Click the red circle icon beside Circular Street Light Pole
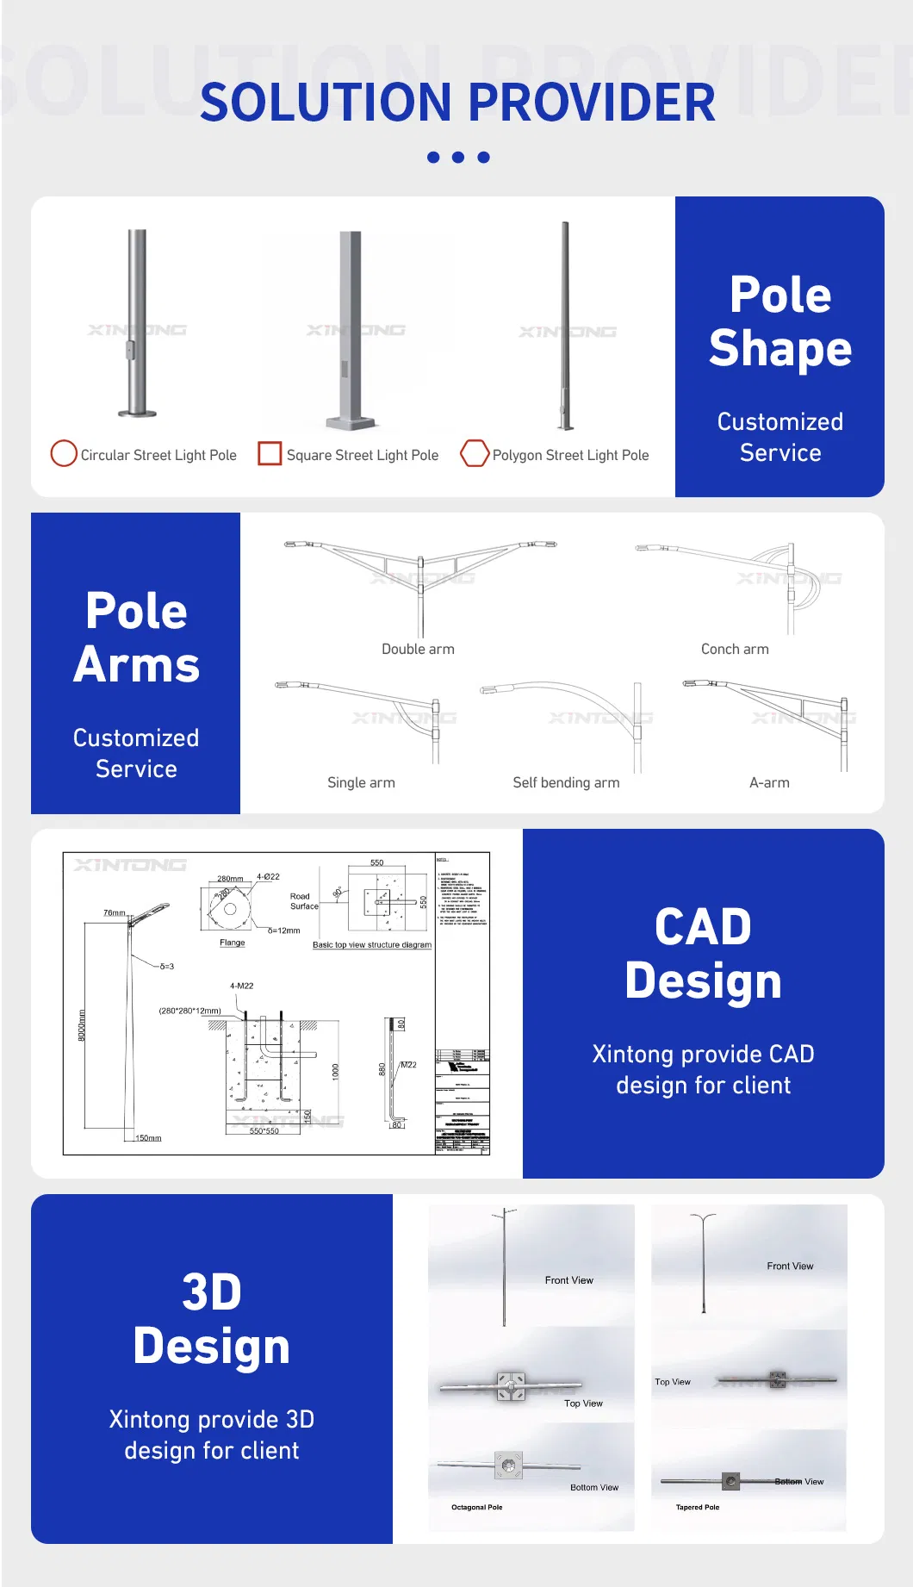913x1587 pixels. pyautogui.click(x=64, y=453)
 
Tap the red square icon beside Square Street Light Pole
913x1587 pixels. pyautogui.click(x=270, y=453)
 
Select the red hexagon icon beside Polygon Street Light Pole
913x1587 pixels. pyautogui.click(x=475, y=453)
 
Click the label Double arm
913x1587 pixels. pyautogui.click(x=418, y=649)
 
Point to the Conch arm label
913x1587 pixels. pyautogui.click(x=735, y=649)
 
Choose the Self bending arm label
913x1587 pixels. pyautogui.click(x=566, y=782)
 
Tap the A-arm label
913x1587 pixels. pyautogui.click(x=769, y=782)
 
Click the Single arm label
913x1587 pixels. pyautogui.click(x=361, y=782)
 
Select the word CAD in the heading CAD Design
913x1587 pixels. pyautogui.click(x=703, y=927)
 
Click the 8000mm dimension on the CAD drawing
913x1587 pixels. pyautogui.click(x=83, y=1025)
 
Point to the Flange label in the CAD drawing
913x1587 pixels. pyautogui.click(x=232, y=943)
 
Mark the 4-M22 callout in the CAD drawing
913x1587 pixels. pyautogui.click(x=241, y=986)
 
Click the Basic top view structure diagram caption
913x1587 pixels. pyautogui.click(x=372, y=945)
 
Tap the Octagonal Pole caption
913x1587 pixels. pyautogui.click(x=476, y=1507)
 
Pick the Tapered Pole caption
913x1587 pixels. pyautogui.click(x=698, y=1507)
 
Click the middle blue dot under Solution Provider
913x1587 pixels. pyautogui.click(x=458, y=158)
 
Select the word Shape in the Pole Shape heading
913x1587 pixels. pyautogui.click(x=780, y=349)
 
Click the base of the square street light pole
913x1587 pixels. pyautogui.click(x=351, y=423)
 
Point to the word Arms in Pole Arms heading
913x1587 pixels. pyautogui.click(x=136, y=666)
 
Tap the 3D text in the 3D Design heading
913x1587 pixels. pyautogui.click(x=212, y=1292)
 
